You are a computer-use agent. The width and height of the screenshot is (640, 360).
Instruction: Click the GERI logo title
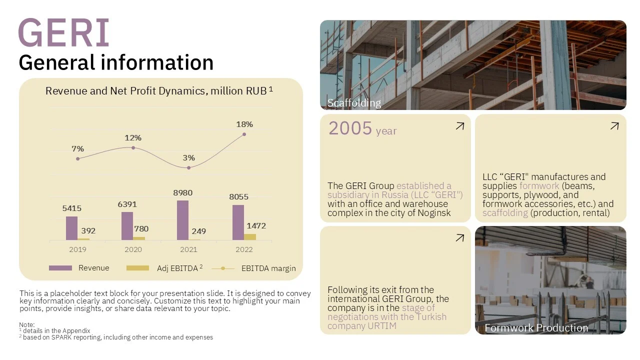click(63, 33)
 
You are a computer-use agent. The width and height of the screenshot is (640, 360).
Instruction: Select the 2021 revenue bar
click(182, 220)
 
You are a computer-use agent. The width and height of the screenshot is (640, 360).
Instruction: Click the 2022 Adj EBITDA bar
click(250, 236)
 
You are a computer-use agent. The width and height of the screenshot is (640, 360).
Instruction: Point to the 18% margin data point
click(244, 134)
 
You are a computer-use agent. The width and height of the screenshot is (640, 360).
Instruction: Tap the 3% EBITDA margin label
click(188, 157)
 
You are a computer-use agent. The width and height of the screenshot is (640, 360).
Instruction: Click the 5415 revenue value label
click(72, 208)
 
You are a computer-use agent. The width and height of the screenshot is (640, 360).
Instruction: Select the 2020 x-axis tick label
click(133, 249)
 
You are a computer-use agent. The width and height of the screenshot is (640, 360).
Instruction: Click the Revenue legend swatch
click(60, 268)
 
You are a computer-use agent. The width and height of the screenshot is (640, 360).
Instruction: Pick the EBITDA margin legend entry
click(268, 268)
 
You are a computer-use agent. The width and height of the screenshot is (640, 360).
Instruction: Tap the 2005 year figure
click(350, 128)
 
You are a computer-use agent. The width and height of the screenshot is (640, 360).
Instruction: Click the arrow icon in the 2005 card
click(459, 126)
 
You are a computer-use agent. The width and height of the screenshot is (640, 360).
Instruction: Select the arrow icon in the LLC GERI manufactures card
click(614, 126)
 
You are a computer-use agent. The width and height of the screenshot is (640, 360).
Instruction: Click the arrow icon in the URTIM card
click(459, 238)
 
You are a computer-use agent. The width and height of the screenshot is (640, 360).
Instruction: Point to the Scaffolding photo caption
click(354, 103)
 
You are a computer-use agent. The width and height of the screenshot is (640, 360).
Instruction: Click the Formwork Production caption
click(536, 328)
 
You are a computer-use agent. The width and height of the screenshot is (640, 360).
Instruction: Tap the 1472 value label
click(256, 226)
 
